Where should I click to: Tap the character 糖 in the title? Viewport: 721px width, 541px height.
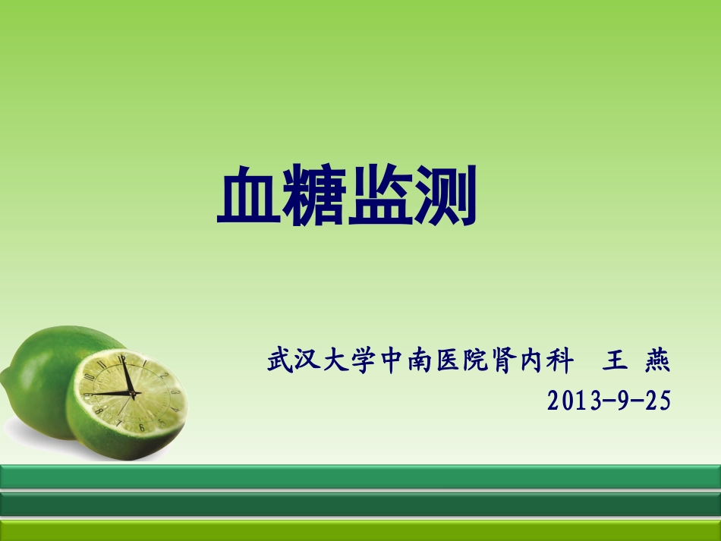click(314, 197)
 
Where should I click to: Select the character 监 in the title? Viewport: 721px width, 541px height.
click(380, 197)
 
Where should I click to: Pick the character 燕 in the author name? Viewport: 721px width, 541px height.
click(657, 361)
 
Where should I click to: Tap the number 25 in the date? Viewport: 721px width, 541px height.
click(658, 400)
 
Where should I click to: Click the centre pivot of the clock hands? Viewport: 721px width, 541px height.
click(130, 392)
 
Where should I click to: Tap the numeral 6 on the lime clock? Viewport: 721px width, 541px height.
click(141, 426)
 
